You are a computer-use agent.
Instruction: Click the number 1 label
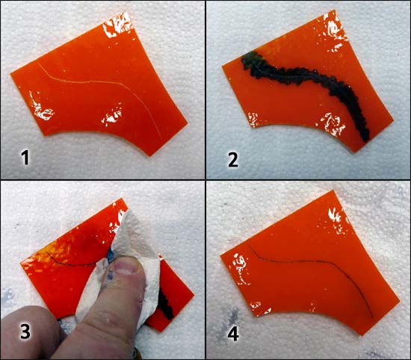tap(25, 158)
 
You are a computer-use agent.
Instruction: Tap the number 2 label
tap(233, 160)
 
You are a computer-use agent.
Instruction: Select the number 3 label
tap(25, 332)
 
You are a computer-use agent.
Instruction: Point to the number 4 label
tap(233, 334)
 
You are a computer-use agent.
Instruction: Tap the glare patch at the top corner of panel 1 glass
tap(119, 25)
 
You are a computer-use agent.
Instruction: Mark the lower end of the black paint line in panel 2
tap(366, 138)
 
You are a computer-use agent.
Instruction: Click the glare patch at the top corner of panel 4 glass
tap(338, 220)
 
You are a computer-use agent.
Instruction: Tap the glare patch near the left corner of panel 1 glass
tap(40, 108)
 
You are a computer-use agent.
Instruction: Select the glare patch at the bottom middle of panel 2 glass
tap(331, 122)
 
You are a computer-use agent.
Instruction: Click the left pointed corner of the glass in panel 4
tap(221, 256)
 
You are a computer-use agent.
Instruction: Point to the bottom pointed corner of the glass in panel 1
tap(151, 155)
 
